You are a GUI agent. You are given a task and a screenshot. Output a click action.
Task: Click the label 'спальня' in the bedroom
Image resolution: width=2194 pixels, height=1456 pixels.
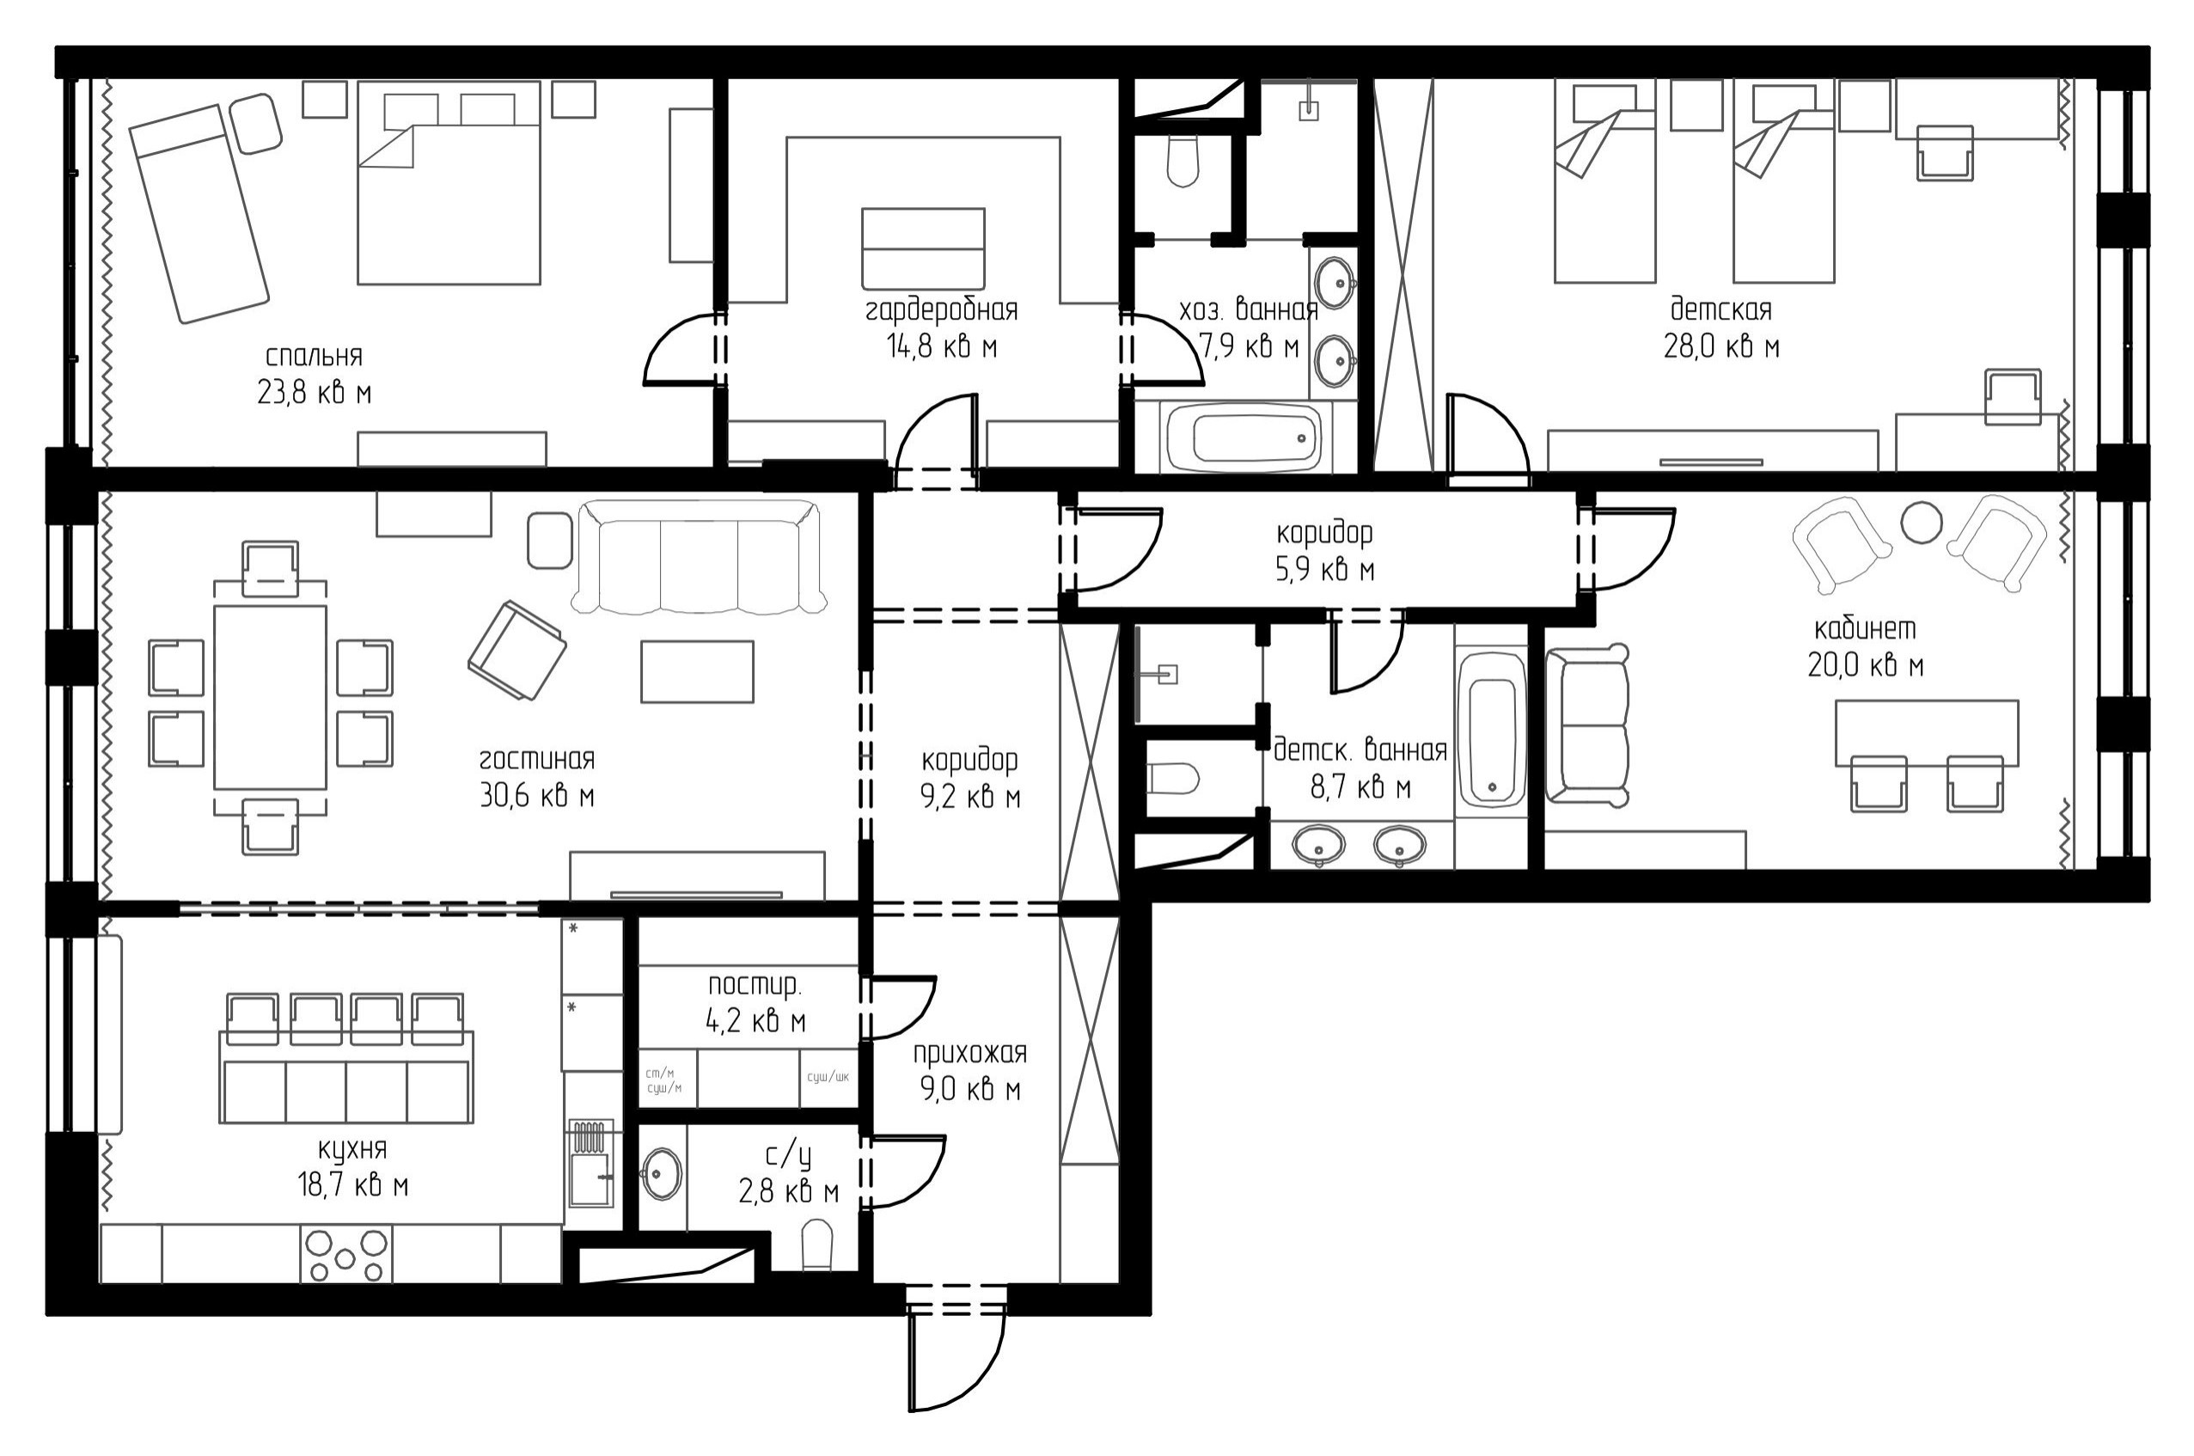[314, 357]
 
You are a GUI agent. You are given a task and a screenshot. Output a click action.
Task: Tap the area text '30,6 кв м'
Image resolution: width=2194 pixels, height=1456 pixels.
[536, 796]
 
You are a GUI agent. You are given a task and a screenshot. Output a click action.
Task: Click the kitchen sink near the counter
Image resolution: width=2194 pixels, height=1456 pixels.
[590, 1163]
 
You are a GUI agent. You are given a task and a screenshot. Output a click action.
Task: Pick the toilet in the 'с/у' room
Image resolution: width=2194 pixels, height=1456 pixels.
[817, 1245]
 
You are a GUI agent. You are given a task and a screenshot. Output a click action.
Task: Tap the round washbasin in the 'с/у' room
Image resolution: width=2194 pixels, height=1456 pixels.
[661, 1174]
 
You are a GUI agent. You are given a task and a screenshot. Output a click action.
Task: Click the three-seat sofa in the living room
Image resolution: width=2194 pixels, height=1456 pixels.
[698, 556]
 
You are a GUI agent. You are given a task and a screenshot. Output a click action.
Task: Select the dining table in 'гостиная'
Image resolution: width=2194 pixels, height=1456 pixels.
[270, 697]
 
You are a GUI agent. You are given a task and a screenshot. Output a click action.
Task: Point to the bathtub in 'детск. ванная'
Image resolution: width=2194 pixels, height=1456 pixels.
[1491, 730]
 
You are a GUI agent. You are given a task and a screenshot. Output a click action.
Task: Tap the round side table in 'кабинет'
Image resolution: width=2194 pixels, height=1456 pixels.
[1921, 522]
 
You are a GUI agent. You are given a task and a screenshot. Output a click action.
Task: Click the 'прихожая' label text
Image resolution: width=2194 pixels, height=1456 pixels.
[970, 1053]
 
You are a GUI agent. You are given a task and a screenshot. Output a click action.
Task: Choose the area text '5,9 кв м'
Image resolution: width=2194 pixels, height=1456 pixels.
[1325, 569]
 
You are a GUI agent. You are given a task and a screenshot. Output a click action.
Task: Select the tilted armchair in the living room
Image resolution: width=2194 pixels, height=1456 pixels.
[516, 650]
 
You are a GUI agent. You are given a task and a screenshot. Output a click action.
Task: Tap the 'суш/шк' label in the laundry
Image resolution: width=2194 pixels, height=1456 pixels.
[828, 1077]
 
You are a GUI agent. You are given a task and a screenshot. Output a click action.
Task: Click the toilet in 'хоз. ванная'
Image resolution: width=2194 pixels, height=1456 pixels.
[1182, 162]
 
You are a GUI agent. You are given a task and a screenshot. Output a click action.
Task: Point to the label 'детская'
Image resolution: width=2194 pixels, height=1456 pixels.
[1720, 309]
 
